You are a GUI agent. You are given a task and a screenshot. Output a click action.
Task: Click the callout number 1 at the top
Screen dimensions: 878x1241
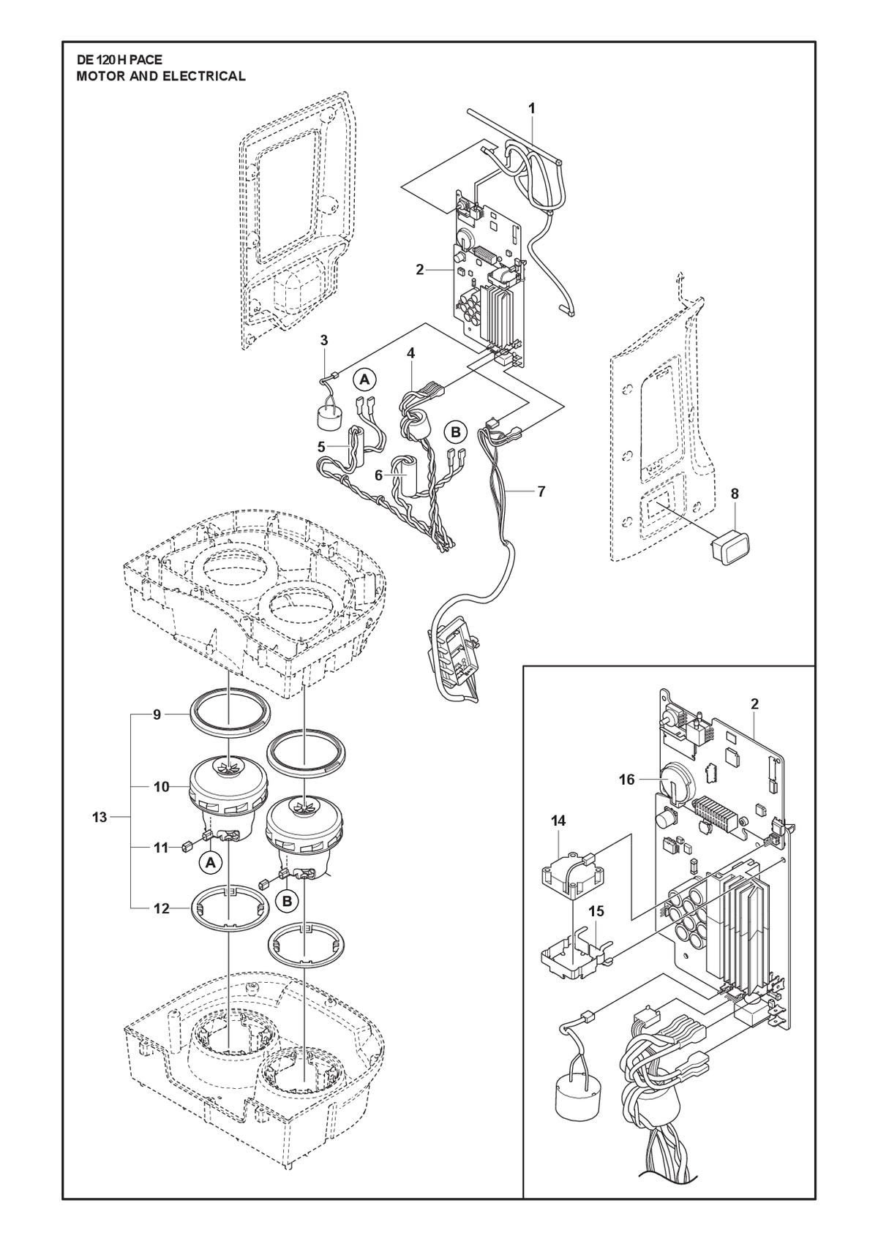(532, 108)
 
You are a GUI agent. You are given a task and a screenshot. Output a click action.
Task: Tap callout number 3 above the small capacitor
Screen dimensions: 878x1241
(325, 339)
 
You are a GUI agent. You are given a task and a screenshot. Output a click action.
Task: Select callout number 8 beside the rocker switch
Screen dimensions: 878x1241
(735, 494)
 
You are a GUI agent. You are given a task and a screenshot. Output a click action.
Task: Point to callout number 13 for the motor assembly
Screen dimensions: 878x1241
(100, 817)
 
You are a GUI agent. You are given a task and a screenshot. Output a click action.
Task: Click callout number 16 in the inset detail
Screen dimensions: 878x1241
(627, 780)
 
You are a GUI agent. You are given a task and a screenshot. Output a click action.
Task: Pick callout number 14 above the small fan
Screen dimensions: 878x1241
(558, 822)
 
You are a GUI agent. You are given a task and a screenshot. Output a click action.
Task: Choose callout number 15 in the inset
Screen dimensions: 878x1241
(597, 911)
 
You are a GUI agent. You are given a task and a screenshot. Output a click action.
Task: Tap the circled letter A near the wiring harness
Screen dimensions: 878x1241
(364, 380)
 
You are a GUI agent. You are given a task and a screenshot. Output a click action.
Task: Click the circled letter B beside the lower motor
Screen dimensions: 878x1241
(287, 902)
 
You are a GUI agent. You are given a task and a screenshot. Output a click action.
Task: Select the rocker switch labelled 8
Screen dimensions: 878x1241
(729, 540)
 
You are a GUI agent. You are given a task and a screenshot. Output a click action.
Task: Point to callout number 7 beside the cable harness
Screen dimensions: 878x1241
(541, 491)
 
